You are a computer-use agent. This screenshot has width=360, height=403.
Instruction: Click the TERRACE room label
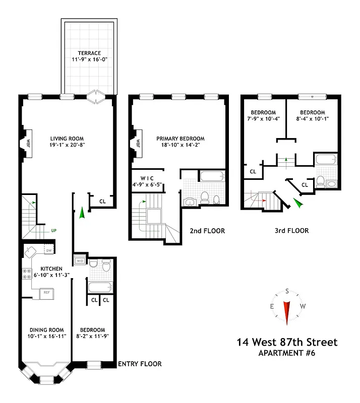[89, 53]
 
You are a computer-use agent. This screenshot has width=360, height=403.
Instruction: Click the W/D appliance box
[80, 261]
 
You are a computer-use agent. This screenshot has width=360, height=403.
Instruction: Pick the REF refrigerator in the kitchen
[46, 292]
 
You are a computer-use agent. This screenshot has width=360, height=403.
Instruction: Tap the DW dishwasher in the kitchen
[48, 250]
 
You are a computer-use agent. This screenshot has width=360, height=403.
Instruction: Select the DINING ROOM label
[47, 330]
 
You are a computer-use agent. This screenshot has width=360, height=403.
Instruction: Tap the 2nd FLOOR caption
[207, 231]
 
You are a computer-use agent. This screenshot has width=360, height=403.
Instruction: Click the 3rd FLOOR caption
[291, 231]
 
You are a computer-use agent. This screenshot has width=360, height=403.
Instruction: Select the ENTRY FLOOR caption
[140, 364]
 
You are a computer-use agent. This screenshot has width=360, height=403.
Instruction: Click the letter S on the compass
[287, 291]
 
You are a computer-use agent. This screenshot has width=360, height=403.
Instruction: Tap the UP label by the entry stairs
[53, 231]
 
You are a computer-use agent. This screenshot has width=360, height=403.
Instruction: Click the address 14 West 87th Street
[287, 343]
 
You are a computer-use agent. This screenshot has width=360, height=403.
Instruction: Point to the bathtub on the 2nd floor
[210, 177]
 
